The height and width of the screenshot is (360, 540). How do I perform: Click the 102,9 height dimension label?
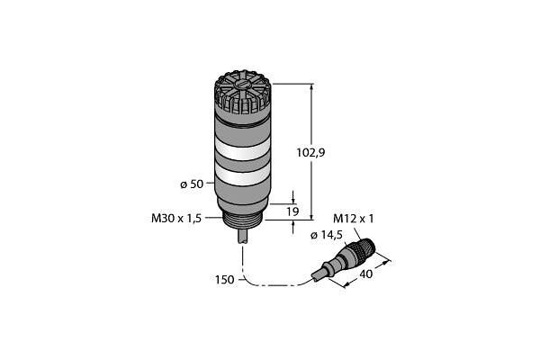[x=310, y=152]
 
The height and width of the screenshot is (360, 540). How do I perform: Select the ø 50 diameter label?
[x=192, y=184]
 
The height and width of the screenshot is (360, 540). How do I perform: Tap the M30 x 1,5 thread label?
[x=176, y=219]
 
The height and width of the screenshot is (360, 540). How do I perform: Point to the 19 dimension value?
[x=292, y=211]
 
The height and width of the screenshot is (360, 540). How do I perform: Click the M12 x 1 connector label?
[x=353, y=219]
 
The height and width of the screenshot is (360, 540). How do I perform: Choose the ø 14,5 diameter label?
[x=326, y=235]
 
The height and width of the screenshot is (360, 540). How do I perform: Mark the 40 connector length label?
[x=365, y=274]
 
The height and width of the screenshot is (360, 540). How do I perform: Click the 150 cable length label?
[x=224, y=280]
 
